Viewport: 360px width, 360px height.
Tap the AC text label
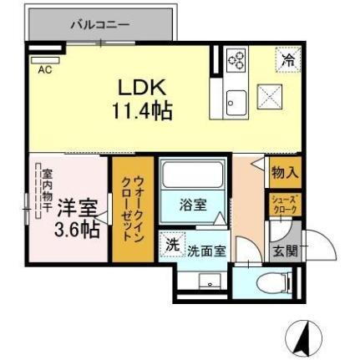point(44,69)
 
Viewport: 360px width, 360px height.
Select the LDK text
point(143,88)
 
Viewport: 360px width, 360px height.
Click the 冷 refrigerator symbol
point(287,60)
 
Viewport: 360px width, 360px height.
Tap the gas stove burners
point(236,60)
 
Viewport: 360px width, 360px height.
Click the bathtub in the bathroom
point(194,175)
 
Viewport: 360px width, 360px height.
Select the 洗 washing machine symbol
point(171,246)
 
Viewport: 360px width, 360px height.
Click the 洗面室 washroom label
point(205,249)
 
